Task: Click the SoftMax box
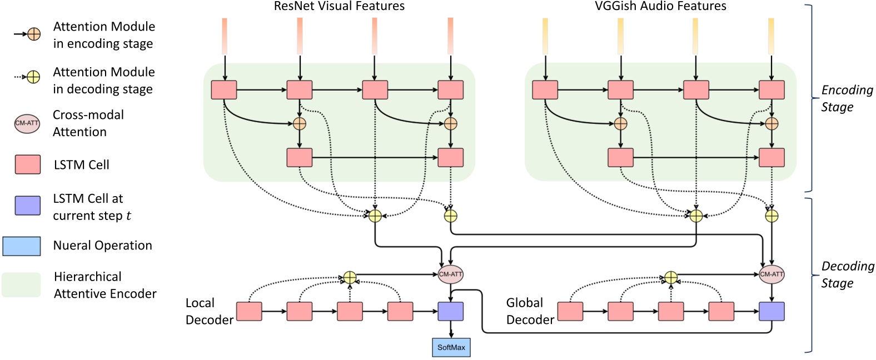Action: point(451,347)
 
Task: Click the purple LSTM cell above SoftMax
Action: point(450,312)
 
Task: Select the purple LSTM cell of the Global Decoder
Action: point(772,312)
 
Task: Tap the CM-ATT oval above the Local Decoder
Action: point(450,274)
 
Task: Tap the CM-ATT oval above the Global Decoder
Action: point(772,274)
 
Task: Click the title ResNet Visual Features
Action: point(339,7)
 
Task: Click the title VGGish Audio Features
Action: point(660,7)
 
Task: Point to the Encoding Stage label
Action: point(847,98)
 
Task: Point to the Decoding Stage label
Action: point(847,274)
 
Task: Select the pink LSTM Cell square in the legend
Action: point(27,165)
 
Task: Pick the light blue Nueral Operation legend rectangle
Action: point(22,246)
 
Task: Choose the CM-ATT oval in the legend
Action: point(27,123)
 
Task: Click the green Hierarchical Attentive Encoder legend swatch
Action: point(21,285)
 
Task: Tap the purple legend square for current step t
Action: point(27,206)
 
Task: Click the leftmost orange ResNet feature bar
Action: point(225,36)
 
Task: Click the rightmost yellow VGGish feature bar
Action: point(771,36)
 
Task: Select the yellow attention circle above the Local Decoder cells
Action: point(349,277)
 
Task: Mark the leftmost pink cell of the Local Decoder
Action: point(249,312)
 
